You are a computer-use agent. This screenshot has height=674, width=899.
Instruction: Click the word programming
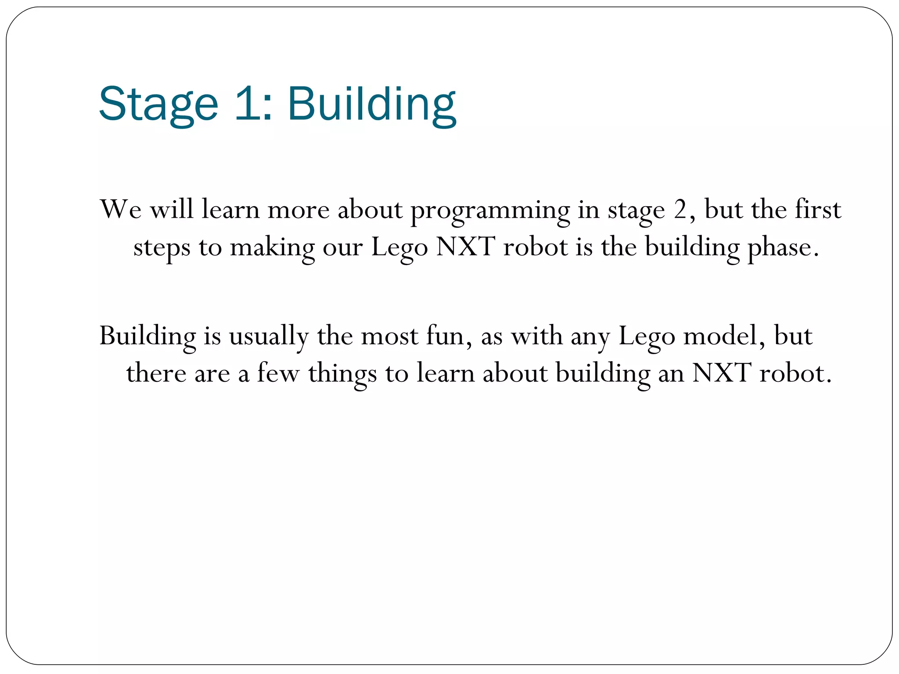pos(490,211)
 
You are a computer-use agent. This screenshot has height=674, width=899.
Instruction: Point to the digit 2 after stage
pos(680,209)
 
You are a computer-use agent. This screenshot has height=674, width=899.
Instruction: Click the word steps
pos(162,248)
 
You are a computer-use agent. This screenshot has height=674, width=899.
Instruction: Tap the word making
pos(272,248)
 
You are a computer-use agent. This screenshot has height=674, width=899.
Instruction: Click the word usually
pos(269,337)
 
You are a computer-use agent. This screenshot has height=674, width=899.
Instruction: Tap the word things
pos(342,374)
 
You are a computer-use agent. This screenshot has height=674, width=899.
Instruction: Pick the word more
pos(298,210)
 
